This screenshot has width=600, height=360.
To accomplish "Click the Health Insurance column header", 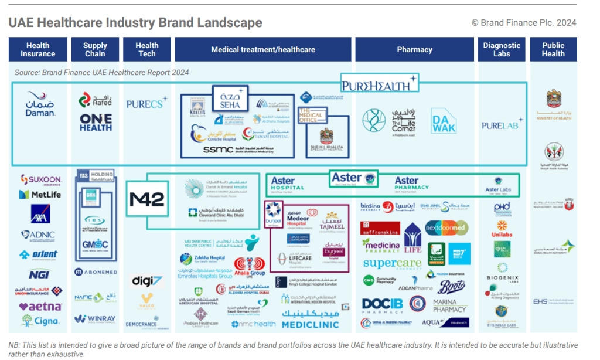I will click(37, 50).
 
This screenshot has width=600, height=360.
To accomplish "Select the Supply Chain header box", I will click(95, 50).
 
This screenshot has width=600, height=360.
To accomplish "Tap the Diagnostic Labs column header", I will click(502, 50).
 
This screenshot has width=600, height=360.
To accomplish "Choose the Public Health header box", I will click(553, 50).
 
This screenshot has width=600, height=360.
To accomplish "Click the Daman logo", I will click(40, 105).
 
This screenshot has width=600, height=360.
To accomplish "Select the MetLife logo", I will click(40, 194).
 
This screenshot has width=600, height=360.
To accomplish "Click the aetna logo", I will click(39, 306).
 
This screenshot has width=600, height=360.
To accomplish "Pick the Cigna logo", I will click(40, 321).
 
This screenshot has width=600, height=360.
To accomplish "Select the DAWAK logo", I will click(444, 120).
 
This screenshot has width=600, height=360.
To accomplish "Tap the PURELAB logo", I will click(501, 125).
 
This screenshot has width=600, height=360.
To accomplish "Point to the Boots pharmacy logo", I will click(451, 287).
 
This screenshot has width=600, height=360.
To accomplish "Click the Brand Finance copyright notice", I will click(524, 23).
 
